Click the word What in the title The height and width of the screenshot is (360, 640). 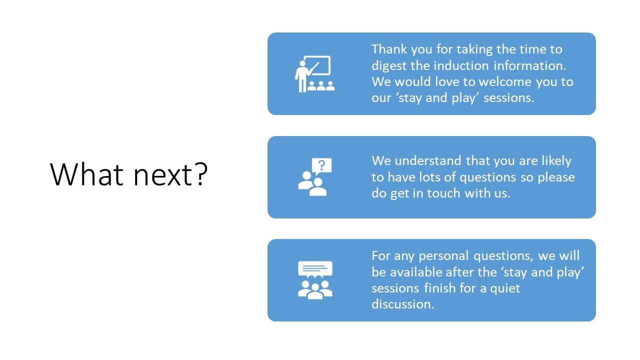[86, 174]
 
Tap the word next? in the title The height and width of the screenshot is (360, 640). [170, 174]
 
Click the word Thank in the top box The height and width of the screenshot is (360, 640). [389, 49]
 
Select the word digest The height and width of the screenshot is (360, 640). [389, 66]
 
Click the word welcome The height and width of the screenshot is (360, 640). [505, 81]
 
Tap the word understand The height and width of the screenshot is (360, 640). [427, 160]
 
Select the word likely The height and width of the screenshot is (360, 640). [556, 161]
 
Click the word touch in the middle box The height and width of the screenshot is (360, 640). [443, 193]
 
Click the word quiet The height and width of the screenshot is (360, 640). [505, 288]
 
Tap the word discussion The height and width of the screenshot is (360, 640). [402, 304]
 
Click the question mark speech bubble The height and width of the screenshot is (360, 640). [321, 165]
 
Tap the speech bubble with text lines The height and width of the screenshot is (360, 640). [315, 268]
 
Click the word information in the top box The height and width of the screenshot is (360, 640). [529, 65]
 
